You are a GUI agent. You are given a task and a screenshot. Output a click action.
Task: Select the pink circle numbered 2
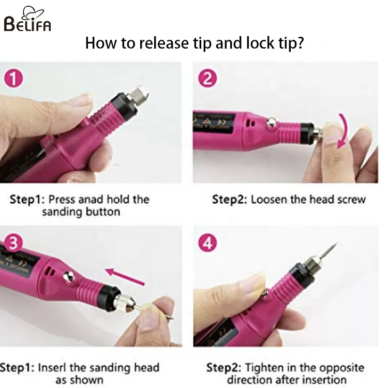pyautogui.click(x=207, y=79)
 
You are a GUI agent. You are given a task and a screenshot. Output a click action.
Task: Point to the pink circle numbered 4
pyautogui.click(x=207, y=243)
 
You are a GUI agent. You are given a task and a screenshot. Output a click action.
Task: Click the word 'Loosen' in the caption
pyautogui.click(x=268, y=200)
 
